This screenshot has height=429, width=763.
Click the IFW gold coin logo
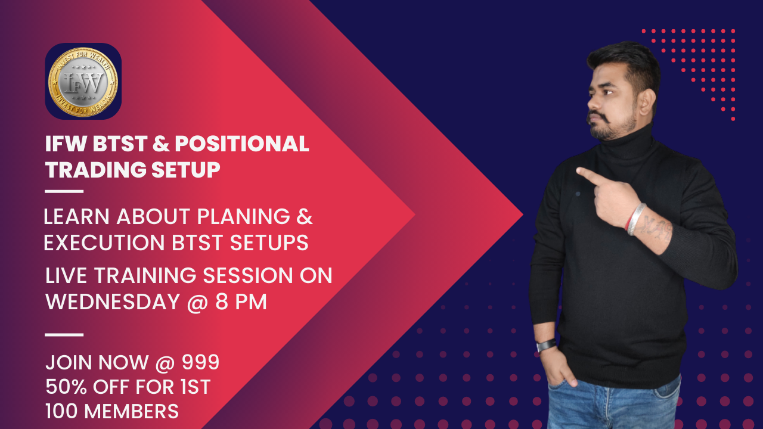click(83, 81)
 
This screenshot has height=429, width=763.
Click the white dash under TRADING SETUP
click(64, 192)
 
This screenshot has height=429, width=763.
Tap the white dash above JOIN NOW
click(64, 335)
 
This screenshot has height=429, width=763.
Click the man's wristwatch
click(546, 345)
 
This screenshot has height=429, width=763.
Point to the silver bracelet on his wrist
click(636, 219)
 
